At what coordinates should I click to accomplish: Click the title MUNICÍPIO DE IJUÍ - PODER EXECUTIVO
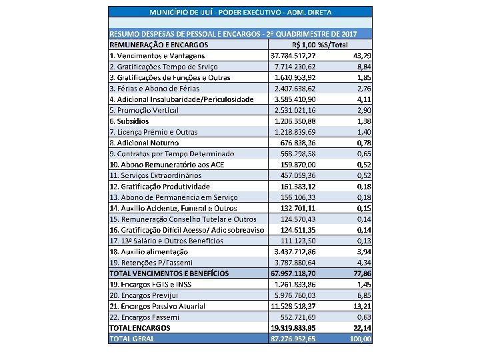pyautogui.click(x=240, y=12)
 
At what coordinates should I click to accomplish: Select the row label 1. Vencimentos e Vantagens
pyautogui.click(x=157, y=56)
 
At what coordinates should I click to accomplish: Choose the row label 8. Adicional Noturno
pyautogui.click(x=144, y=143)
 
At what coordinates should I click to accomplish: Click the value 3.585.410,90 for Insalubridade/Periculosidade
pyautogui.click(x=295, y=99)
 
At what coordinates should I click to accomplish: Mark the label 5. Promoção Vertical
pyautogui.click(x=144, y=110)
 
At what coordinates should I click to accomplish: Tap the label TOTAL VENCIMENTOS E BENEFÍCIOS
pyautogui.click(x=169, y=273)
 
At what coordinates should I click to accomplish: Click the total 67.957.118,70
pyautogui.click(x=293, y=273)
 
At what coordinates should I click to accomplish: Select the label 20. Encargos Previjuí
pyautogui.click(x=148, y=295)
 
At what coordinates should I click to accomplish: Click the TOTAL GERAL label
pyautogui.click(x=131, y=338)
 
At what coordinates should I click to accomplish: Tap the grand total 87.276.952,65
pyautogui.click(x=293, y=338)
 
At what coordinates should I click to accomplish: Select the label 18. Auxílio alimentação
pyautogui.click(x=149, y=251)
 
